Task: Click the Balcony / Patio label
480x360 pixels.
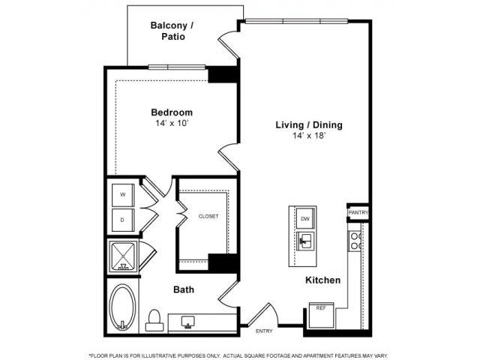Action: (x=172, y=31)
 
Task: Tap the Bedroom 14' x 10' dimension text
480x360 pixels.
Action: (x=172, y=123)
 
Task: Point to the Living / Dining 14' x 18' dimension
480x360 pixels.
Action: (x=309, y=136)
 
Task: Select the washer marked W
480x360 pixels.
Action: (x=123, y=195)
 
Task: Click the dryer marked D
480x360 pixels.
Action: (x=123, y=220)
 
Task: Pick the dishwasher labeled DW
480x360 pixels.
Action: (x=305, y=218)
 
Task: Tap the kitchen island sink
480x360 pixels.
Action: (x=305, y=241)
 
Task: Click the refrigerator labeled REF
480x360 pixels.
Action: (x=321, y=315)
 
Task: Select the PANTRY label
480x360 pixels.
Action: (x=358, y=212)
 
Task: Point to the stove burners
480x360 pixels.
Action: (x=355, y=241)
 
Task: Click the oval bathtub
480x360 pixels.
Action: (x=123, y=307)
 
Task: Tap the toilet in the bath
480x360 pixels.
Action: (x=154, y=320)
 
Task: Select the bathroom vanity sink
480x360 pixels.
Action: (x=188, y=322)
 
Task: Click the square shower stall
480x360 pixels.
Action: (x=123, y=256)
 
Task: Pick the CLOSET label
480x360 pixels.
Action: (x=208, y=217)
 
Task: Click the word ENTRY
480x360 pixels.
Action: (x=264, y=331)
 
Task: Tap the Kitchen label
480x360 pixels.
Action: (x=323, y=280)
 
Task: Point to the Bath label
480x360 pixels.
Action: (x=184, y=289)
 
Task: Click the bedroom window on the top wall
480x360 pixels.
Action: (x=177, y=67)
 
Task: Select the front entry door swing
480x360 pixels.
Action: (x=263, y=313)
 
